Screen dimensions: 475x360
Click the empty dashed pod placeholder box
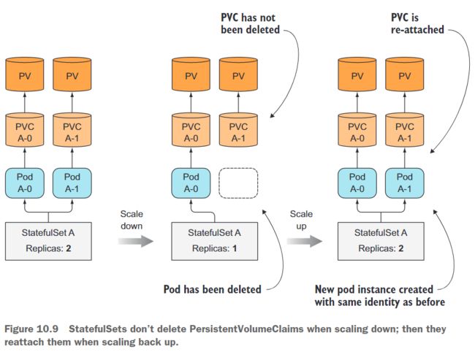[x=238, y=183]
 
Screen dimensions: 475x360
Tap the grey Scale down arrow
[x=136, y=241]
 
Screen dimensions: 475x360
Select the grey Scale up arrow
[x=305, y=241]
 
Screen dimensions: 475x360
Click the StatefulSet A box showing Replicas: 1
[x=214, y=241]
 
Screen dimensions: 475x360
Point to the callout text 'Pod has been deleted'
[x=213, y=289]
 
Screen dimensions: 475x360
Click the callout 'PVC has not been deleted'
[x=250, y=23]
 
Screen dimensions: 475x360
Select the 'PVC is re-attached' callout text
[x=417, y=23]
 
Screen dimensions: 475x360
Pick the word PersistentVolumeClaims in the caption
[x=246, y=329]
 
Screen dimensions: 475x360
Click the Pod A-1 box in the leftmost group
[x=72, y=183]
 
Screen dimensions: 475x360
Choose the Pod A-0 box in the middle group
[x=191, y=183]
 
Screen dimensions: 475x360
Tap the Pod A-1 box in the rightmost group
[x=405, y=183]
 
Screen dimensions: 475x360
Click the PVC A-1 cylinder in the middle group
[x=238, y=130]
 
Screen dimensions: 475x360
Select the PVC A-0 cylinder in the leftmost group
[x=25, y=130]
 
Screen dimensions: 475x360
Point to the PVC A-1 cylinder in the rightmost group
[x=405, y=130]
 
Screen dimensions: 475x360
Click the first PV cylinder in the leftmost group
[x=25, y=74]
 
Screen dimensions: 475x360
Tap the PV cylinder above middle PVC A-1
[x=238, y=74]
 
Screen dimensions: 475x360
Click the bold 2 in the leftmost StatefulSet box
[x=69, y=248]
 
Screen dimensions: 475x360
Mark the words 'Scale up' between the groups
[x=301, y=220]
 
